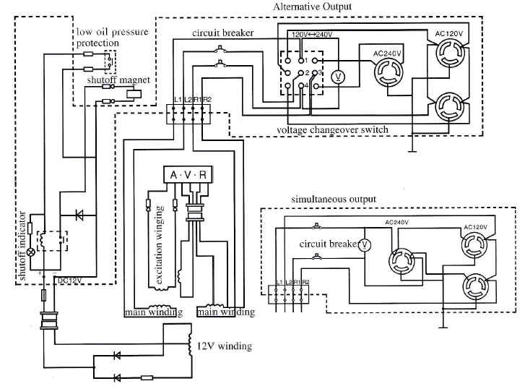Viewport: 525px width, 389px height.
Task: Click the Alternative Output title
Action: [312, 7]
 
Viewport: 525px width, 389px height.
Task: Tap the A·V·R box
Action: [188, 175]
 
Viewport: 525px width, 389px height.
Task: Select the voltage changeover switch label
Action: [332, 130]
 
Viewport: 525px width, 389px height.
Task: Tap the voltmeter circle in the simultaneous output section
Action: [365, 244]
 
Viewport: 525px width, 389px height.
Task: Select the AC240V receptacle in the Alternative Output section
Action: [389, 72]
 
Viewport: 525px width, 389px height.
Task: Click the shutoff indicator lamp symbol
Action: [31, 253]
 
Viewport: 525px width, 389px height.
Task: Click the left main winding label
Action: [152, 312]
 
